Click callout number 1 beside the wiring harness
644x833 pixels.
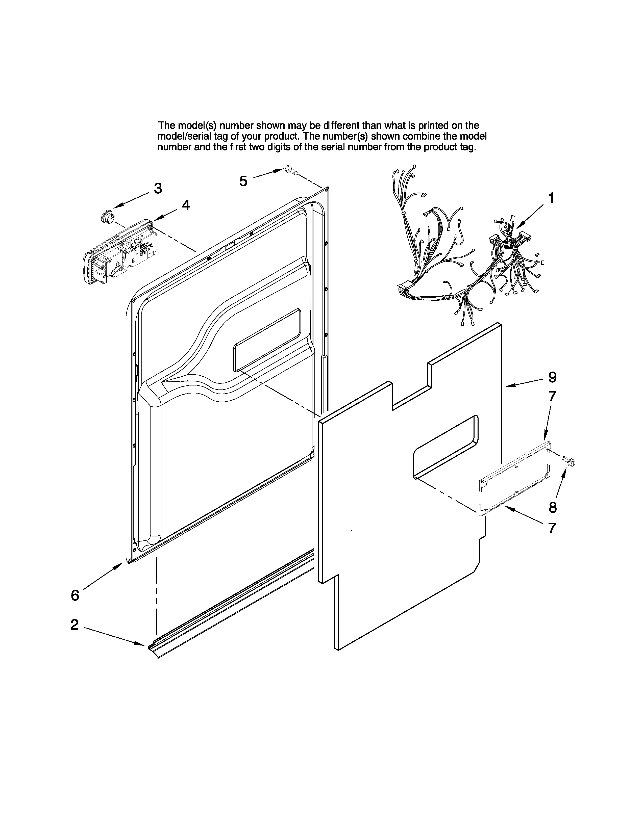click(551, 198)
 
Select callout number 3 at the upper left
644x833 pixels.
click(158, 188)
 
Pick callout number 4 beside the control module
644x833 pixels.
click(185, 205)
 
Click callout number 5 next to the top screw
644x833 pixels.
click(243, 181)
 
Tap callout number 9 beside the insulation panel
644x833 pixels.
click(552, 377)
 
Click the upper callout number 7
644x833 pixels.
click(552, 397)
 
